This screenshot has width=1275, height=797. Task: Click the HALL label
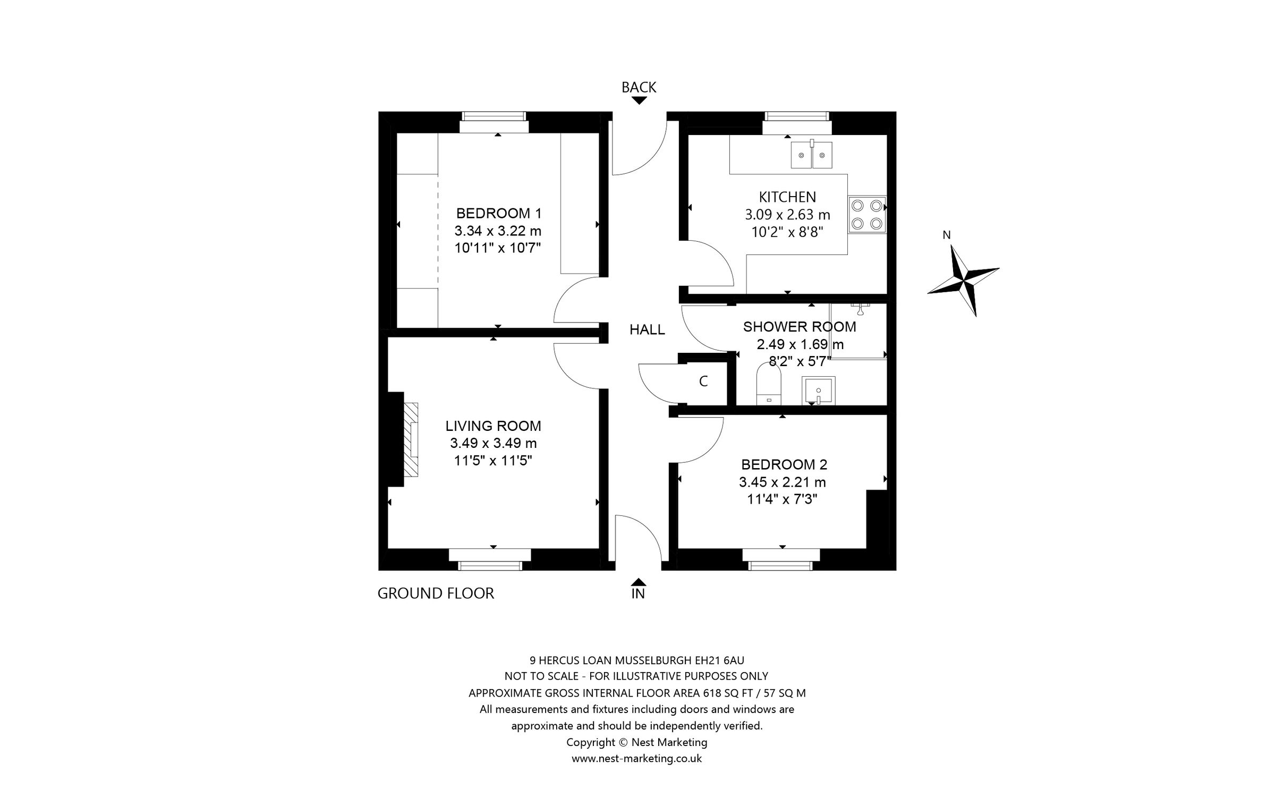point(647,330)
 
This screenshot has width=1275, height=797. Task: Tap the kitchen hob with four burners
point(867,214)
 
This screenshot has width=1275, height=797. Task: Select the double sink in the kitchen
point(811,155)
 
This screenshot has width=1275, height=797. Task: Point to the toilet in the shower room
point(769,386)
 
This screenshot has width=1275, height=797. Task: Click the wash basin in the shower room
point(819,391)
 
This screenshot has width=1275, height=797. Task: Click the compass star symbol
point(963,280)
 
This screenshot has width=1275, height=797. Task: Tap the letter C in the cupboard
point(703,381)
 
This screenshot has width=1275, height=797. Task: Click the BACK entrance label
point(639,87)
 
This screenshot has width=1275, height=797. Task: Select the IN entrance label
point(638,594)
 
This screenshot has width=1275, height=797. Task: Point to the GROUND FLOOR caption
point(436,593)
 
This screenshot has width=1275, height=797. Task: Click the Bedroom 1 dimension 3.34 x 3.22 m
point(498,231)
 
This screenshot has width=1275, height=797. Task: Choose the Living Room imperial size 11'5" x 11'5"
point(493,461)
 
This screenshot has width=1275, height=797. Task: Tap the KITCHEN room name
point(787,197)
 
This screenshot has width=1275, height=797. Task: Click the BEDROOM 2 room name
point(784,465)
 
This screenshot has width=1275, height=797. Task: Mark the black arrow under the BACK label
point(639,100)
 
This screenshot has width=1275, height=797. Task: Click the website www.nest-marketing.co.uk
point(636,759)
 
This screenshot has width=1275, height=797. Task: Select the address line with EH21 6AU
point(636,660)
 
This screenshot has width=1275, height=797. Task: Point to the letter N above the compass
point(946,235)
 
